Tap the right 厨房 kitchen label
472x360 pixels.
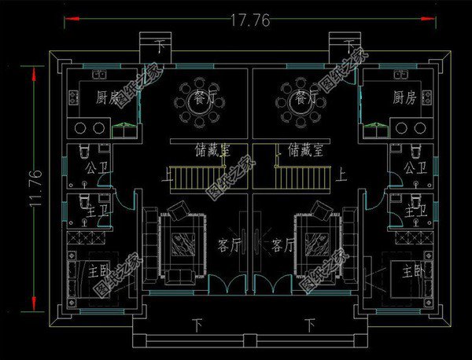point(404,98)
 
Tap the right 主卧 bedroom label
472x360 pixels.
point(412,272)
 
